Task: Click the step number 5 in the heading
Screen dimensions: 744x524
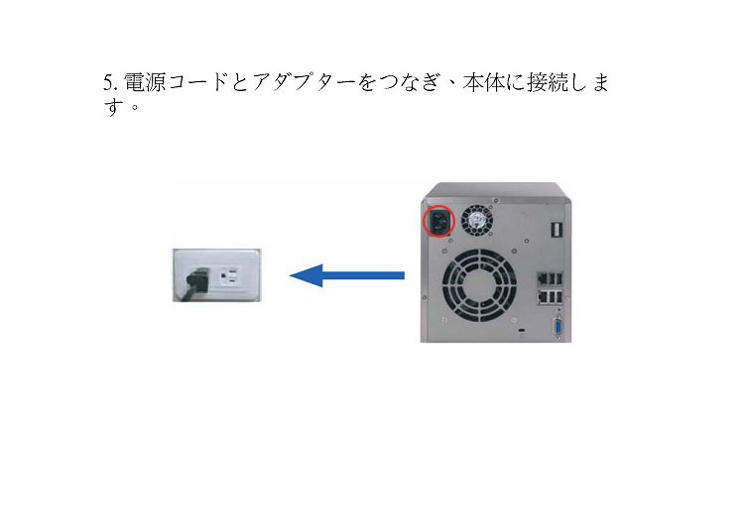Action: [x=109, y=83]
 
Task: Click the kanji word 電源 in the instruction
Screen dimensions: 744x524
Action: [x=145, y=83]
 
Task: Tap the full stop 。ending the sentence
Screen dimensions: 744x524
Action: [x=135, y=107]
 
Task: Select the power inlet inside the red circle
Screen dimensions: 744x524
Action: [x=438, y=221]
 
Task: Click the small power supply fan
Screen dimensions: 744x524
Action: [x=477, y=221]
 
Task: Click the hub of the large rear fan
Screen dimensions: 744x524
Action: [x=479, y=286]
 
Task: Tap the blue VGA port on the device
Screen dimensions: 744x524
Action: [x=558, y=328]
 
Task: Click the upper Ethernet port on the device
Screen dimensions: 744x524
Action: [x=542, y=279]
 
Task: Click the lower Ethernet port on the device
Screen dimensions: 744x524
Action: [x=542, y=297]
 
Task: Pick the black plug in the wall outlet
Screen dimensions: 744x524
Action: [x=197, y=281]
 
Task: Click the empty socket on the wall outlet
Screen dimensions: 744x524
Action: [x=230, y=275]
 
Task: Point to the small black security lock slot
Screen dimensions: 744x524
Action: [x=523, y=329]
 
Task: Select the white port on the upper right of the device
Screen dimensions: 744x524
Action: [x=557, y=229]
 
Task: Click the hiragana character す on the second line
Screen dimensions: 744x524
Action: [x=114, y=107]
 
